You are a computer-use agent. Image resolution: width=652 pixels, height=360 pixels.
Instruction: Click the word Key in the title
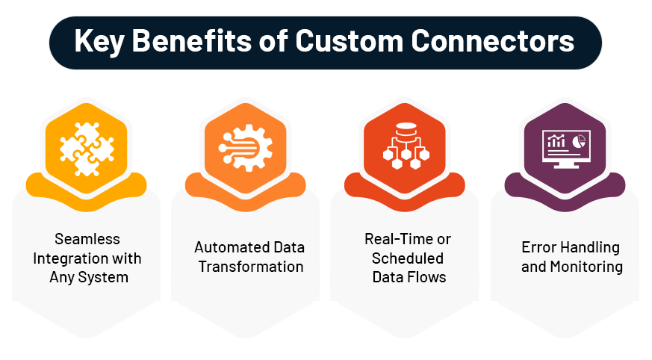(x=99, y=42)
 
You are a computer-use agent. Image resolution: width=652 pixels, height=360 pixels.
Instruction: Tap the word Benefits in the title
(x=192, y=41)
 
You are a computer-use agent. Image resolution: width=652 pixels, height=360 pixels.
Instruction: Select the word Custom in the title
(x=350, y=41)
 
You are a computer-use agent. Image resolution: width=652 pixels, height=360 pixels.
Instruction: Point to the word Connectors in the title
(x=493, y=41)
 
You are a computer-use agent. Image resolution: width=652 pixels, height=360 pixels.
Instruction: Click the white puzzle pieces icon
(x=87, y=149)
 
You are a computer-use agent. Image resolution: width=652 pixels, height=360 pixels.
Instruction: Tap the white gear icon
(x=245, y=148)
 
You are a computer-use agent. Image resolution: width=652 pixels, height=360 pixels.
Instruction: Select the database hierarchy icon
(x=406, y=146)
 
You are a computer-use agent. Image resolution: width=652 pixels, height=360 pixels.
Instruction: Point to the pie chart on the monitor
(x=579, y=141)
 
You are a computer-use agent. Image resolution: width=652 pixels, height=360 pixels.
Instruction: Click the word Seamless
(x=87, y=239)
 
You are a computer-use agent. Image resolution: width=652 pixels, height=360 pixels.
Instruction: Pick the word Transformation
(x=251, y=267)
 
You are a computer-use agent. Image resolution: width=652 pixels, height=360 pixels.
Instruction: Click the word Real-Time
(x=394, y=239)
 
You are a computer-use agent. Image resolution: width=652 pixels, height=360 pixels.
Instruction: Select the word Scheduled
(x=408, y=258)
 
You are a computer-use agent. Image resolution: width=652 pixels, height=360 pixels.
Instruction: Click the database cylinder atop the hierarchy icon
(x=406, y=129)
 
